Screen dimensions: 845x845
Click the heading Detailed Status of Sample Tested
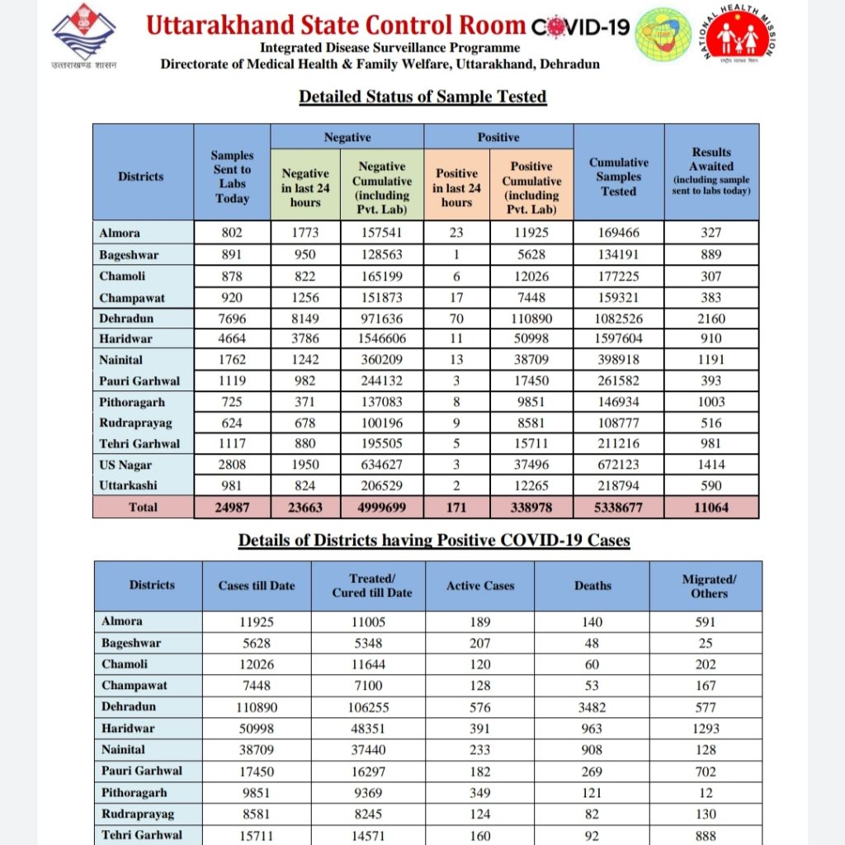pyautogui.click(x=422, y=97)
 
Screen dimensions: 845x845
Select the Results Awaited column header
pyautogui.click(x=711, y=171)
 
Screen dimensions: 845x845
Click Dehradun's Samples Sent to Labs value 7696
pyautogui.click(x=232, y=318)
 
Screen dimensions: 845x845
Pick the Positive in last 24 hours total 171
pyautogui.click(x=456, y=507)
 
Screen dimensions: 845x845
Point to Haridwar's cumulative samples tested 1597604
pyautogui.click(x=619, y=339)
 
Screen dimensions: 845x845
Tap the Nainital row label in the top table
pyautogui.click(x=122, y=360)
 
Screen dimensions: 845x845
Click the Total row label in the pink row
pyautogui.click(x=143, y=507)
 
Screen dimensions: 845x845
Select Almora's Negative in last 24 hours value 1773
pyautogui.click(x=305, y=234)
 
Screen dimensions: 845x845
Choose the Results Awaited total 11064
pyautogui.click(x=711, y=507)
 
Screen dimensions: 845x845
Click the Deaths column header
pyautogui.click(x=592, y=586)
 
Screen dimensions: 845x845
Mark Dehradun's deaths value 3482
pyautogui.click(x=592, y=707)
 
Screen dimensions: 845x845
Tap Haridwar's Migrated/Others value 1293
pyautogui.click(x=706, y=729)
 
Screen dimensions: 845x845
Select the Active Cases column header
pyautogui.click(x=480, y=586)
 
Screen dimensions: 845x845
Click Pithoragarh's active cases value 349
pyautogui.click(x=480, y=792)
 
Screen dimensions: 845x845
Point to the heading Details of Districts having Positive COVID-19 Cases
pyautogui.click(x=434, y=541)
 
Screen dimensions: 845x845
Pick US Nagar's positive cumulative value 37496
pyautogui.click(x=531, y=465)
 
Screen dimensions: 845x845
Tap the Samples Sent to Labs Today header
pyautogui.click(x=232, y=177)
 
